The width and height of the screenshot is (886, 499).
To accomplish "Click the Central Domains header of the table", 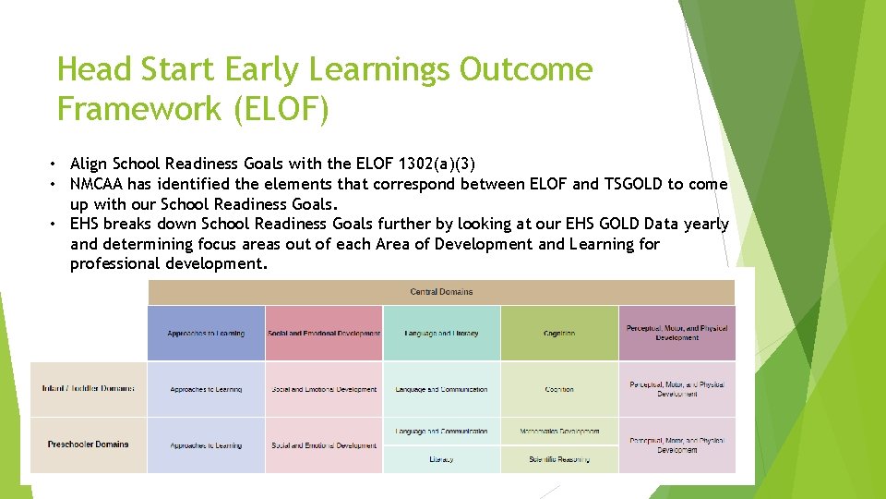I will [441, 292].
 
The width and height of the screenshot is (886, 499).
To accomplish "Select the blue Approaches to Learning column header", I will [206, 334].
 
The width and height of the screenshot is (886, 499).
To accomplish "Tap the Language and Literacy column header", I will [441, 334].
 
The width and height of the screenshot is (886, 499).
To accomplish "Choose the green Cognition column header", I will [559, 334].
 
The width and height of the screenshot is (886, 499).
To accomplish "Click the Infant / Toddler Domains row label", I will [88, 389].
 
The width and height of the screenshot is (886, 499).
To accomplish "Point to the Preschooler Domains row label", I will [88, 444].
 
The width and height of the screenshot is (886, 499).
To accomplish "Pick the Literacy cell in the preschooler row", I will [441, 459].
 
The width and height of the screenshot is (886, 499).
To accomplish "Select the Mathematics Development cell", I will [559, 431].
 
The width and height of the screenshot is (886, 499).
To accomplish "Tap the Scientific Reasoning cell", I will [559, 459].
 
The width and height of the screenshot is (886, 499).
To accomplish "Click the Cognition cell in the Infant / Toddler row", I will [559, 389].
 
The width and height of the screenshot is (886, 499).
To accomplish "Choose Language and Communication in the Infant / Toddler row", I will [441, 389].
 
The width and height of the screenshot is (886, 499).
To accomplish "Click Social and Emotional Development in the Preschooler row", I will [324, 445].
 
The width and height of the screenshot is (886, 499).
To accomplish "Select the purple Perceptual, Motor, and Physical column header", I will [676, 333].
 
